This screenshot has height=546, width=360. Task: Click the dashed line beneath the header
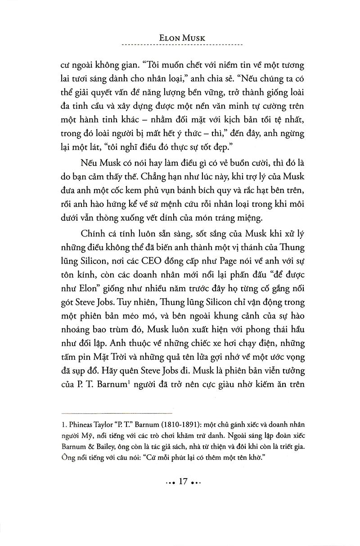tap(182, 45)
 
